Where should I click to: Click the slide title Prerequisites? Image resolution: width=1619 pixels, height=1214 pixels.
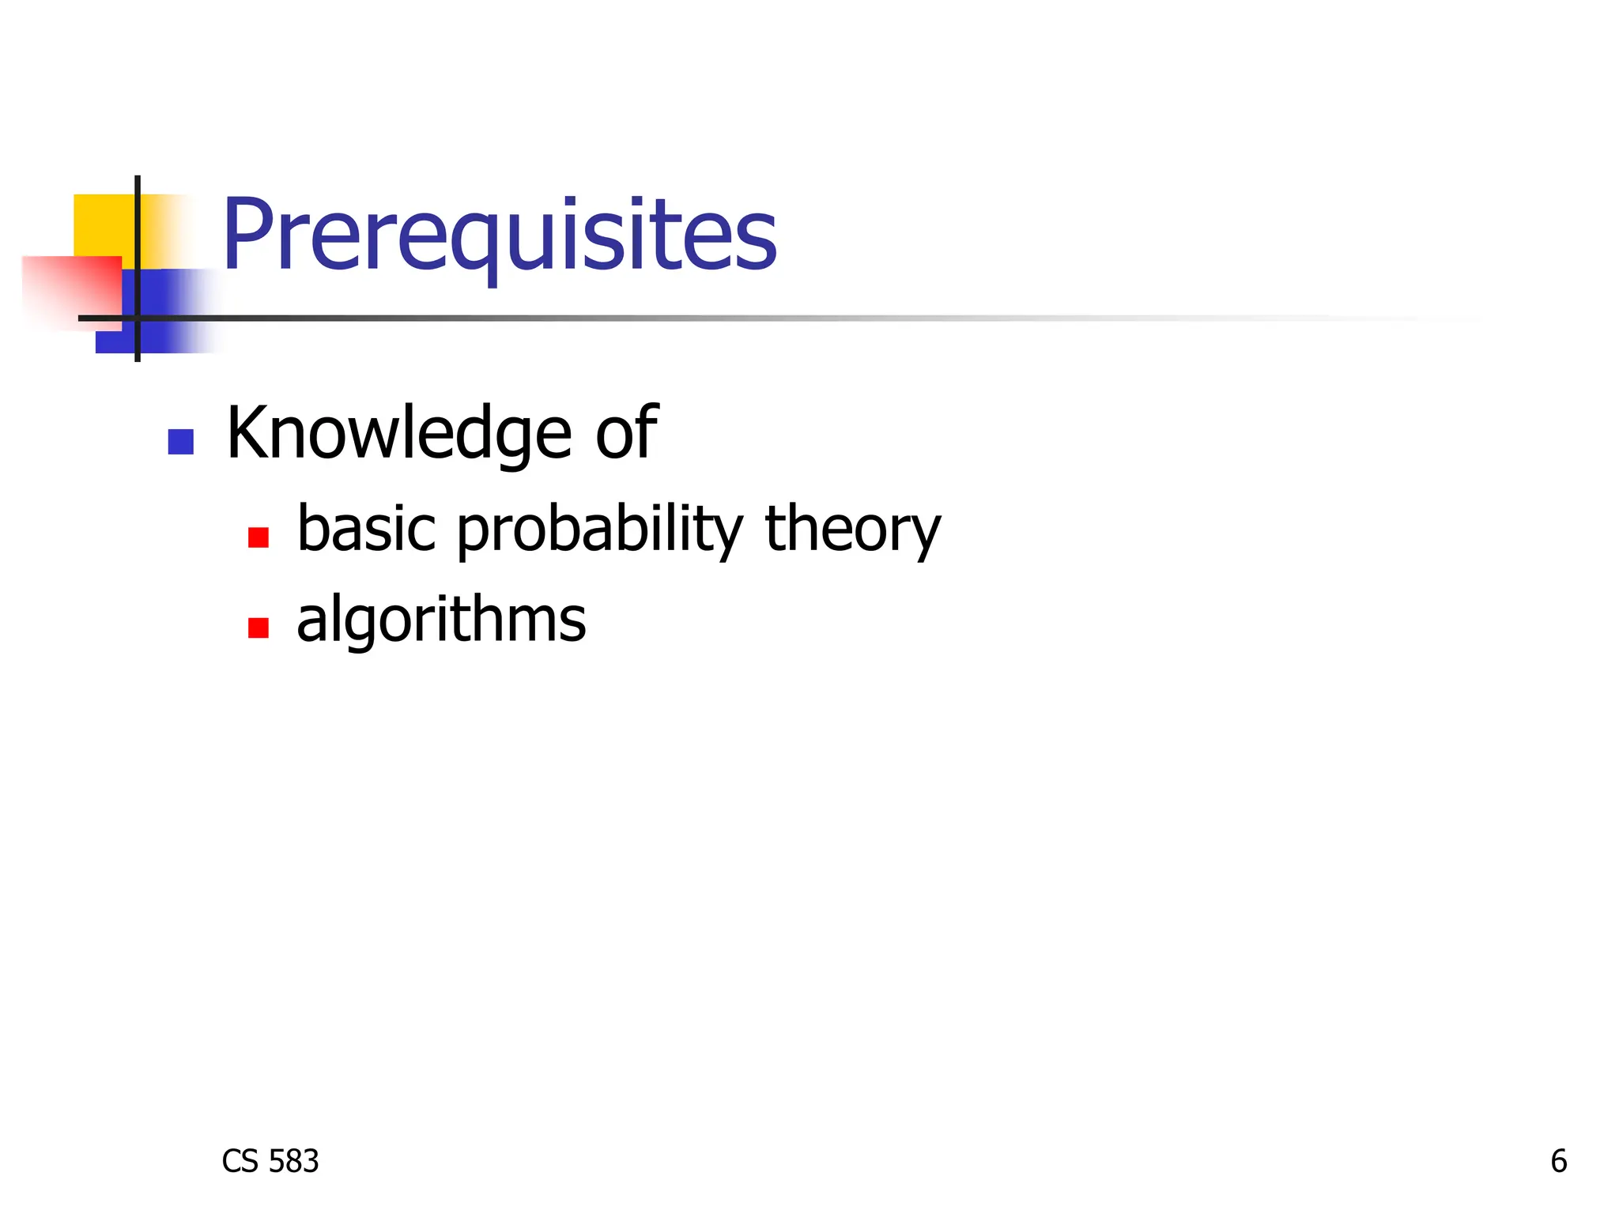pyautogui.click(x=500, y=235)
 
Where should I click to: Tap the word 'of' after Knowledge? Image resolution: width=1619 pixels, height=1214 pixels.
pyautogui.click(x=626, y=432)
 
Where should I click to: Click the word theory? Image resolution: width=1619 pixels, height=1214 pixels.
pyautogui.click(x=853, y=530)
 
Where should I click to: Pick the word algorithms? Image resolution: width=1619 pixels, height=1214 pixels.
pyautogui.click(x=441, y=620)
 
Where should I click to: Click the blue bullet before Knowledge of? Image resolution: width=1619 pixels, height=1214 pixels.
pyautogui.click(x=181, y=442)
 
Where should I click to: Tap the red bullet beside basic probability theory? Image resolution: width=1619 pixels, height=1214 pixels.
pyautogui.click(x=259, y=537)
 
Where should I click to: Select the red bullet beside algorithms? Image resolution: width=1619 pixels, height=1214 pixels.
pyautogui.click(x=259, y=628)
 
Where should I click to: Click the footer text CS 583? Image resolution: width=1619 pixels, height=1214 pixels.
pyautogui.click(x=270, y=1161)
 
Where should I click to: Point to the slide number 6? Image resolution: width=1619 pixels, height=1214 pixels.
pyautogui.click(x=1558, y=1161)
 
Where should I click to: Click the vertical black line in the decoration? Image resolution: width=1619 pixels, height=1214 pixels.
pyautogui.click(x=138, y=237)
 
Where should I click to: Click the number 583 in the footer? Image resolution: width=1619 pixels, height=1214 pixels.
pyautogui.click(x=293, y=1161)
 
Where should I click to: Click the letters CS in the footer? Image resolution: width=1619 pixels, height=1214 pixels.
pyautogui.click(x=240, y=1161)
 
